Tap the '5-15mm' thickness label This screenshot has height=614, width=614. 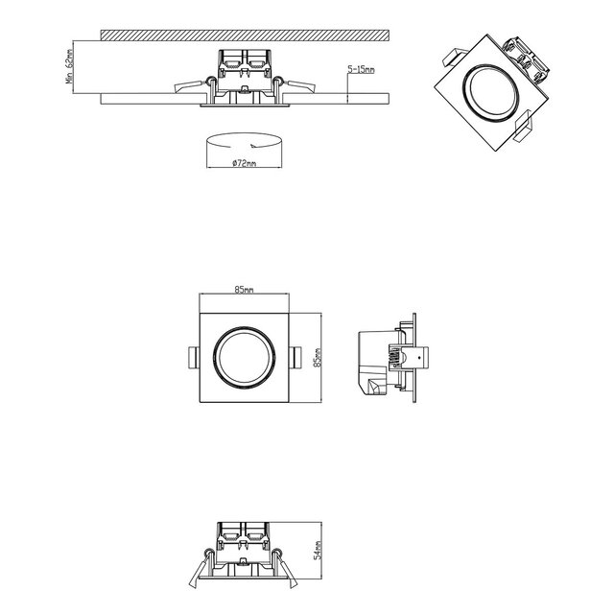click(362, 71)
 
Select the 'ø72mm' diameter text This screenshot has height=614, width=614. click(245, 164)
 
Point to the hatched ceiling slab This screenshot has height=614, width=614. click(244, 35)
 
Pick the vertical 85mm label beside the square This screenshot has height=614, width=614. click(317, 356)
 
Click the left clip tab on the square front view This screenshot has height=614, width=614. click(193, 357)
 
